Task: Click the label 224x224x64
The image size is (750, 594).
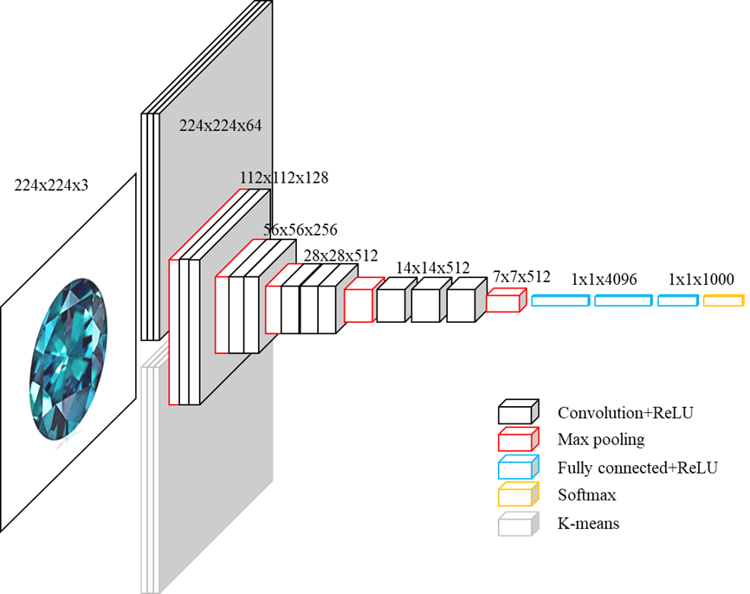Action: (220, 125)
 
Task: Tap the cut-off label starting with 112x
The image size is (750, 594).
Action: (255, 178)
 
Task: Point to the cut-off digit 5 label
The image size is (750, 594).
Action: (268, 230)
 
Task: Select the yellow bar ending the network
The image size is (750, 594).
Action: (723, 300)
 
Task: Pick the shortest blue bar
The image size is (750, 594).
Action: (678, 300)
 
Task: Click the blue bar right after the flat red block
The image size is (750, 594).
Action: (560, 300)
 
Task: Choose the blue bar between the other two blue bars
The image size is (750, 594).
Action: (624, 300)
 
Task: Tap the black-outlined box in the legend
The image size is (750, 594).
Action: (518, 411)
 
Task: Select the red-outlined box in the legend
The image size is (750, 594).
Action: (518, 439)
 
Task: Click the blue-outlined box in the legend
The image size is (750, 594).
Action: (518, 468)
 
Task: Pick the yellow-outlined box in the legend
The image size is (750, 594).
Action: (518, 494)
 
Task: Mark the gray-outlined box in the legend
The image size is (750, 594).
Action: (518, 524)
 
